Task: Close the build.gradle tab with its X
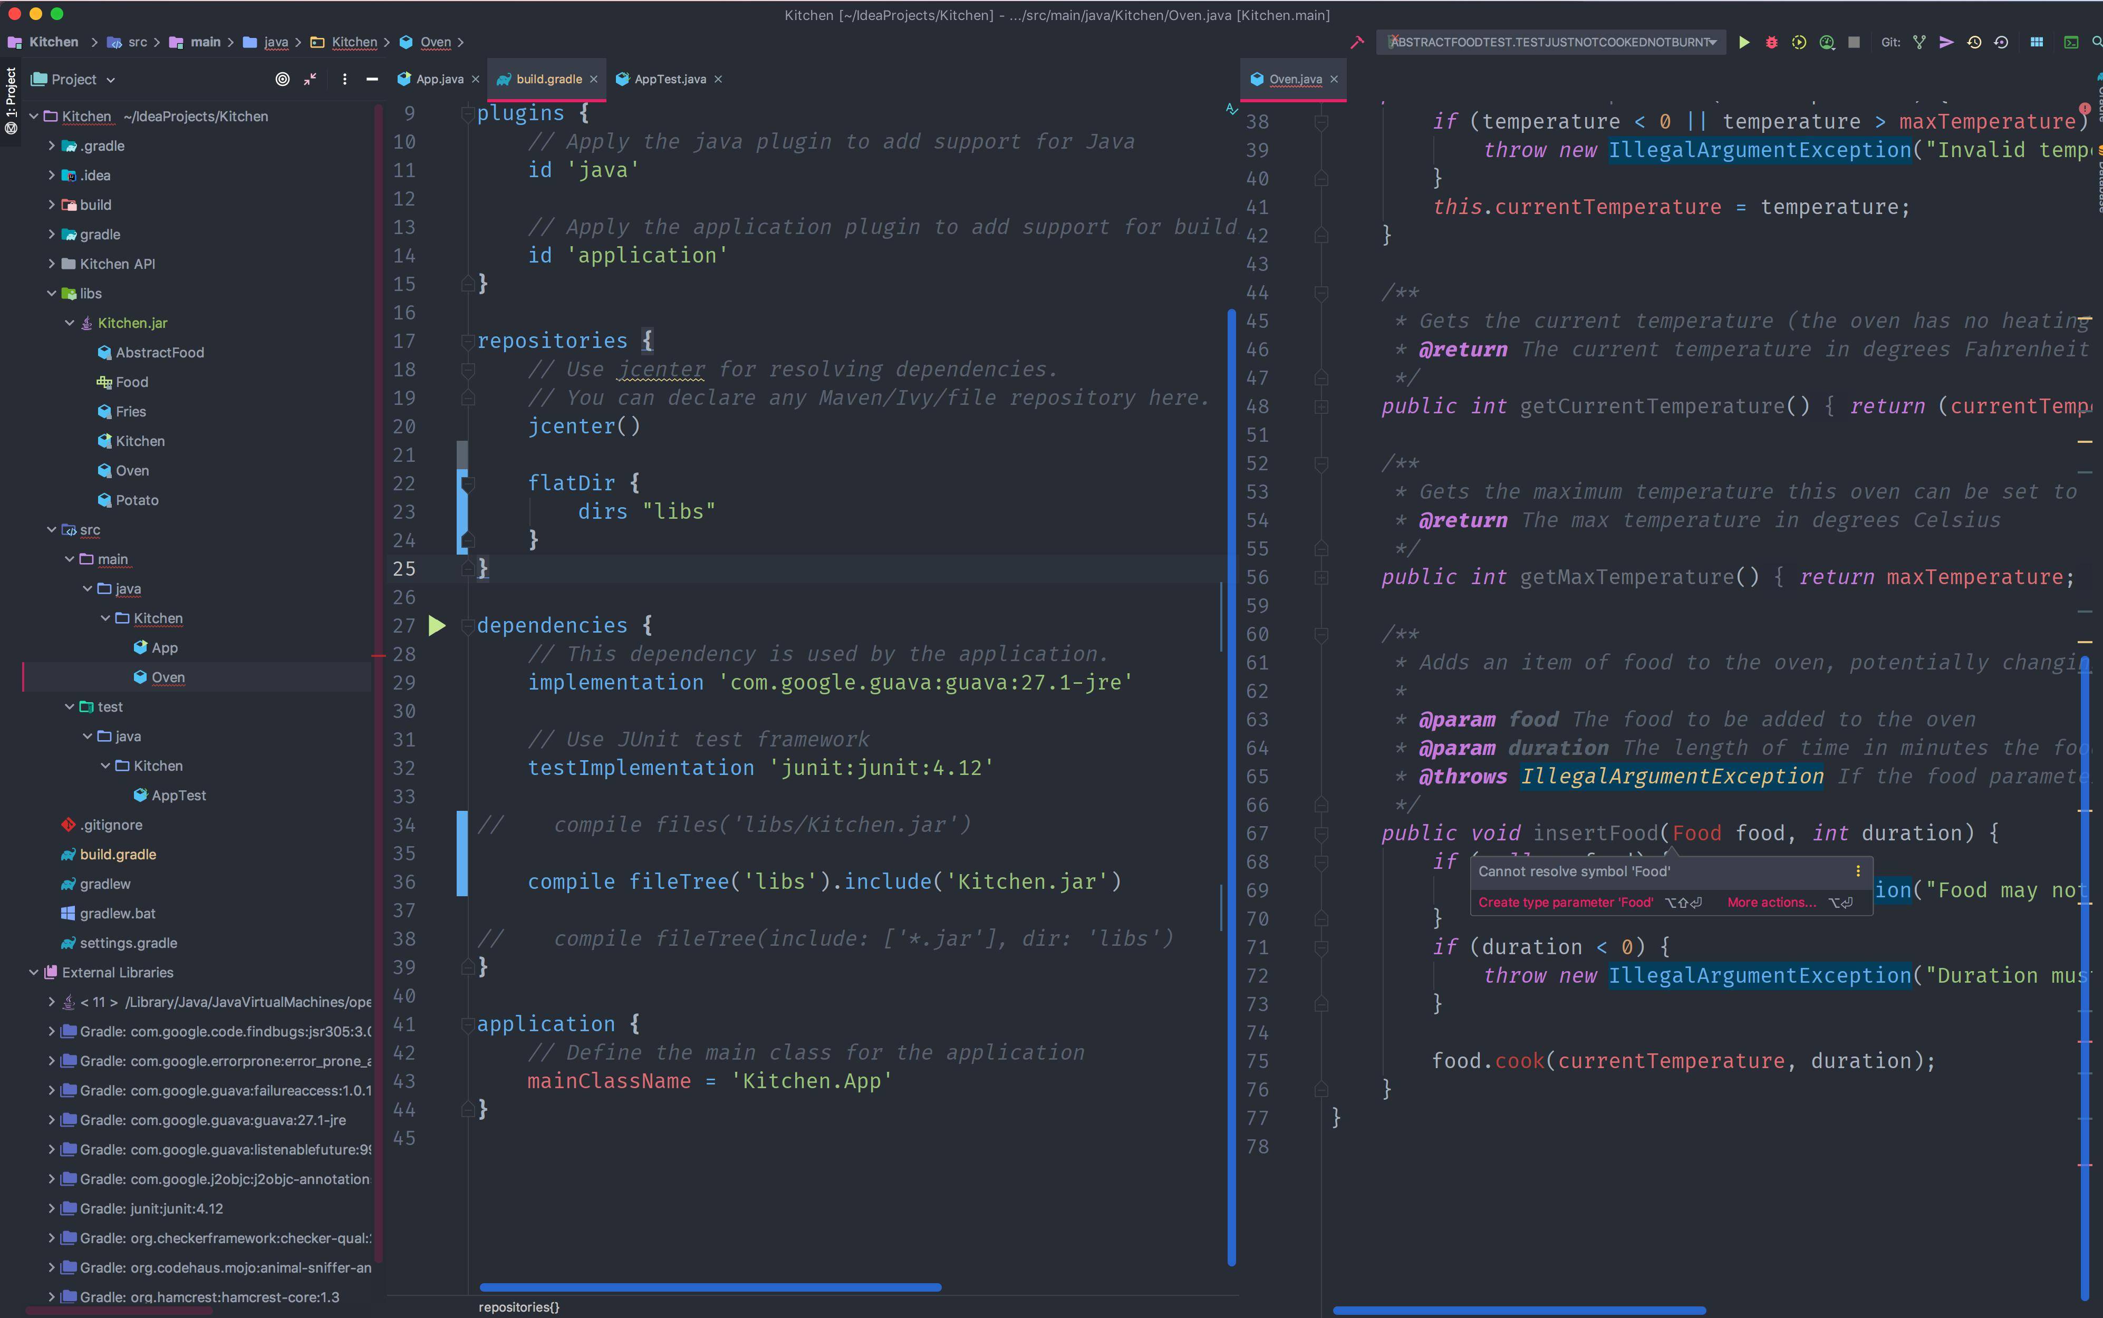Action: pos(594,79)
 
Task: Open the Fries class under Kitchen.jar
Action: pos(131,411)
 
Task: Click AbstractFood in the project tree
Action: pos(160,352)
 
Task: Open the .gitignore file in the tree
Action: pos(111,825)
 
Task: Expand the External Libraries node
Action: pos(34,972)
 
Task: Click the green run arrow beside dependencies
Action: pos(437,625)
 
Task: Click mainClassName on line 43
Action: pos(609,1081)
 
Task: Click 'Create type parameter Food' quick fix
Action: pos(1565,902)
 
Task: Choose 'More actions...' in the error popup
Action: pos(1772,902)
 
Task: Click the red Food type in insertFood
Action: pos(1697,834)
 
